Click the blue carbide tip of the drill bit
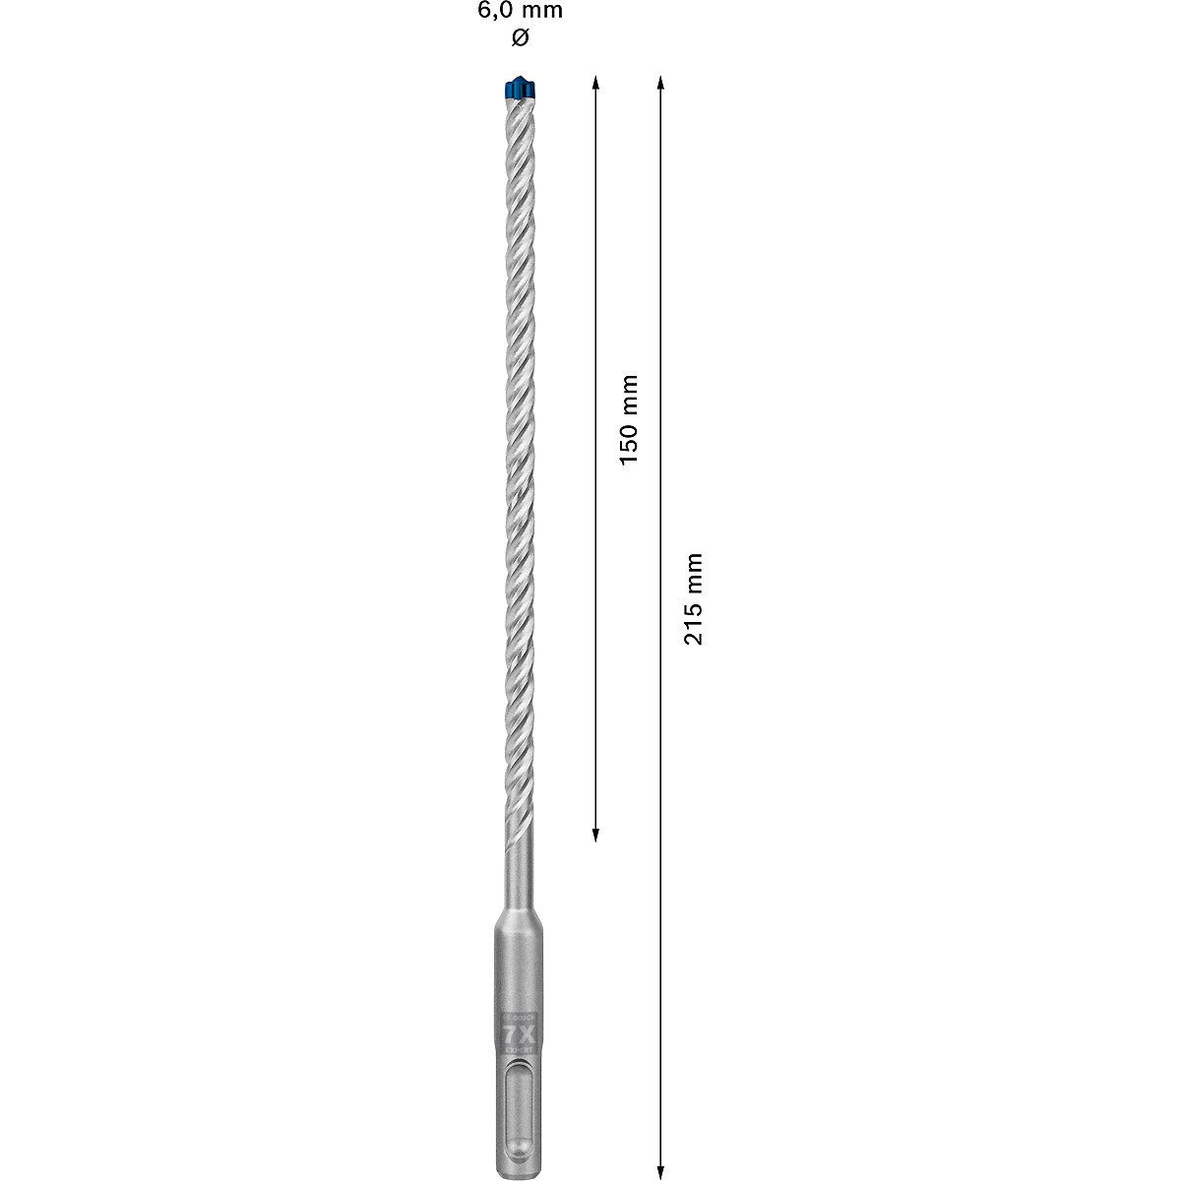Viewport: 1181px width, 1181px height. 518,89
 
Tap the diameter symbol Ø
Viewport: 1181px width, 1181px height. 521,38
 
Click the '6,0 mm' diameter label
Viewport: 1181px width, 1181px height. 521,12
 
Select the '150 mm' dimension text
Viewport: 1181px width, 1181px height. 629,419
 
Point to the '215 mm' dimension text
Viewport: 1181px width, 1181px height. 694,598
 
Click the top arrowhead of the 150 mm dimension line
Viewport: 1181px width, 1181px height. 595,83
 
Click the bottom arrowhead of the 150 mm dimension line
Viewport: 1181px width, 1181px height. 595,836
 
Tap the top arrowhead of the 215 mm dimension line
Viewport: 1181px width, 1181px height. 660,83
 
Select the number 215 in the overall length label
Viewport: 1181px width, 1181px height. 694,621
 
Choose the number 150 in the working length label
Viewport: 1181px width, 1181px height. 629,442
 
